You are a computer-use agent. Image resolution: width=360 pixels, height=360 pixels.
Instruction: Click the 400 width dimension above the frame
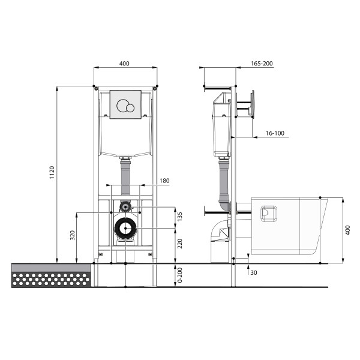click(125, 63)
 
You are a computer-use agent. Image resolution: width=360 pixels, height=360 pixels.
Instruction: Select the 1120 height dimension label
click(52, 173)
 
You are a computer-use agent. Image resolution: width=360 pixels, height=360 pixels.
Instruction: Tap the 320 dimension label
click(73, 235)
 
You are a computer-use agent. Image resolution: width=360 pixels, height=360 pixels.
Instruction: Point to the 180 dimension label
click(165, 181)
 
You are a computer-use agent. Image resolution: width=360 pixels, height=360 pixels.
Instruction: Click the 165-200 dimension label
click(260, 63)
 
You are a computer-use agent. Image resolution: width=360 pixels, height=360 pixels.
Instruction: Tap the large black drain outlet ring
click(125, 229)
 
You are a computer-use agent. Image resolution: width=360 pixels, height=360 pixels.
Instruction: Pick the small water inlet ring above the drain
click(125, 206)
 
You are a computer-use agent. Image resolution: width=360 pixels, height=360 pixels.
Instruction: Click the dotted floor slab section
click(52, 279)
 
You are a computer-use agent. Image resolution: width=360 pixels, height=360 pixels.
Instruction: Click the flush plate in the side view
click(253, 103)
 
